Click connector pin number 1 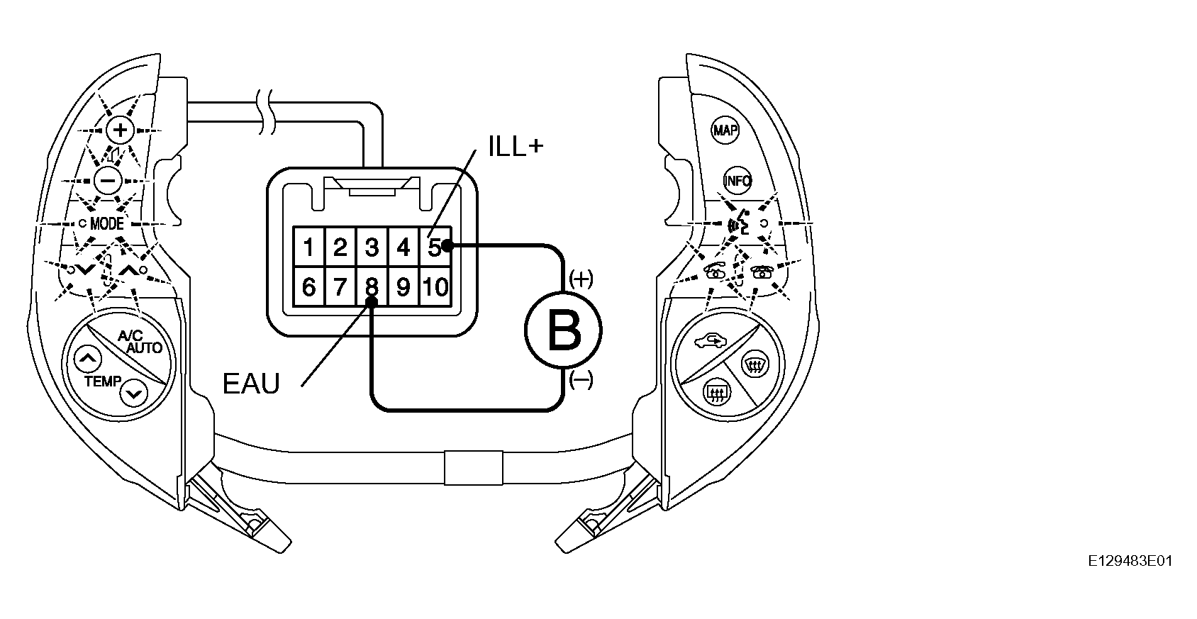click(308, 247)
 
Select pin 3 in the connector click(372, 247)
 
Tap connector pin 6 click(308, 287)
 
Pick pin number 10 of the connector click(435, 287)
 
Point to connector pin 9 click(403, 287)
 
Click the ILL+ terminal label click(516, 146)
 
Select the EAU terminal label click(251, 384)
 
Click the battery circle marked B click(563, 330)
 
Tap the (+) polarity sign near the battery click(581, 279)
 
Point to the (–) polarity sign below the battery click(581, 380)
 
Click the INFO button click(737, 181)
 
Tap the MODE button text click(107, 223)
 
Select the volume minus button click(108, 180)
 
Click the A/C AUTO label click(139, 342)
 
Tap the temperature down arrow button click(133, 394)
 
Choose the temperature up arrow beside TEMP click(87, 359)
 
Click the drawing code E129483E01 click(1130, 561)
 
